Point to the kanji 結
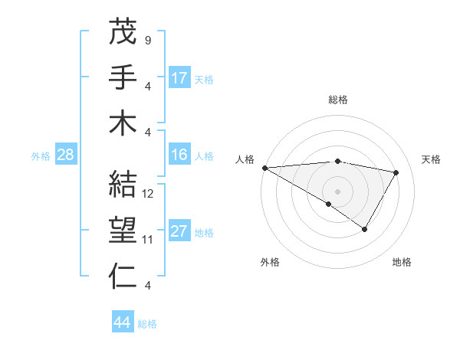coord(123,185)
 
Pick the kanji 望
coord(123,231)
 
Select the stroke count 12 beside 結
coord(149,194)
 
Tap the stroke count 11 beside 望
coord(149,240)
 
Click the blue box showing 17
coord(179,78)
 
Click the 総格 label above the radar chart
coord(338,100)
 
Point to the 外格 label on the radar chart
coord(270,263)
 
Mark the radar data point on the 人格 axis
coord(264,167)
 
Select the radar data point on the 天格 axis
coord(396,172)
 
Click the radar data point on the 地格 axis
coord(365,229)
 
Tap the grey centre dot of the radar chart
coord(337,190)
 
